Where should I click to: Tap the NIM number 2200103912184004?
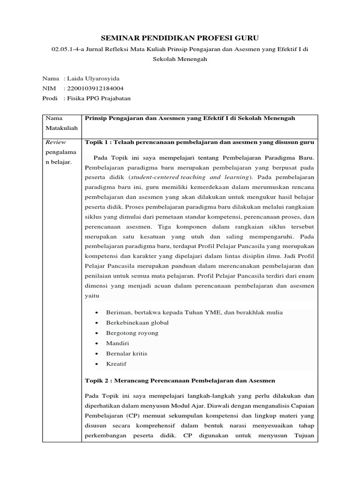pyautogui.click(x=96, y=88)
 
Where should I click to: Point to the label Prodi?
pyautogui.click(x=50, y=98)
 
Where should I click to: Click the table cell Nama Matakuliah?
pyautogui.click(x=55, y=123)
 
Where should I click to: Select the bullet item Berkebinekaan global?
pyautogui.click(x=137, y=322)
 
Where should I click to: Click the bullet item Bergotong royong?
pyautogui.click(x=132, y=333)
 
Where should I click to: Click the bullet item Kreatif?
pyautogui.click(x=116, y=364)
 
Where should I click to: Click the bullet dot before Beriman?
pyautogui.click(x=96, y=313)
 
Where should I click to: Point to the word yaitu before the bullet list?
pyautogui.click(x=92, y=296)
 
